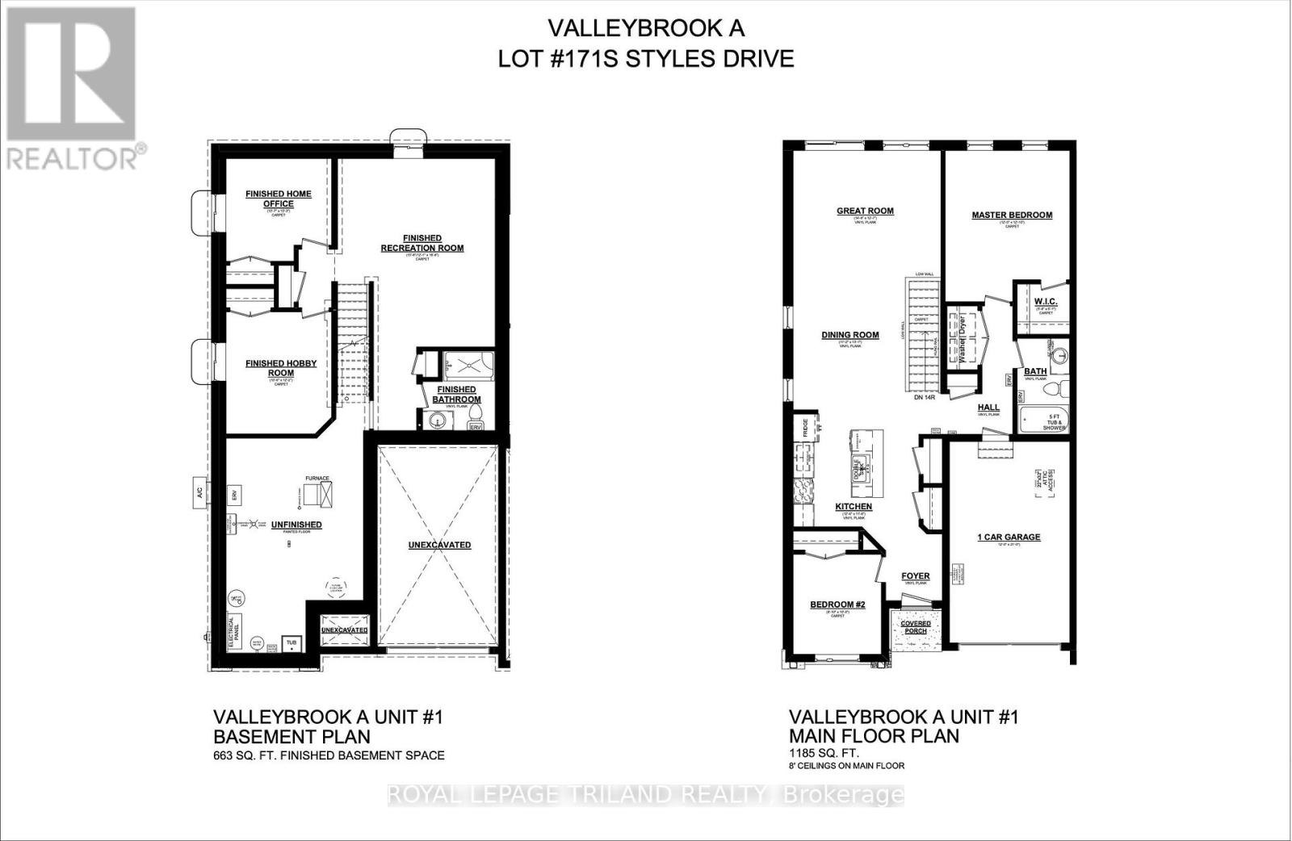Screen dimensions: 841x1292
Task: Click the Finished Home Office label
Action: coord(278,199)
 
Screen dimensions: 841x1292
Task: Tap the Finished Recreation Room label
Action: coord(422,243)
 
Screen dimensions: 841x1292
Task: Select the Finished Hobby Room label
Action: coord(280,368)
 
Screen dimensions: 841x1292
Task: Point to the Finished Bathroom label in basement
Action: coord(456,395)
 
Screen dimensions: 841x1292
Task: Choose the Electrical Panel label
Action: coord(233,630)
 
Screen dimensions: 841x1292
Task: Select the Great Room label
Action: coord(865,211)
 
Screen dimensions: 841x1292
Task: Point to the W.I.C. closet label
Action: coord(1045,302)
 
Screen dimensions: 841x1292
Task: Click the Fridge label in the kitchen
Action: coord(805,425)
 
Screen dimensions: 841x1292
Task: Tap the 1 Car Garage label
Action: coord(1009,537)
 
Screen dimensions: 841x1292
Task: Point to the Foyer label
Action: coord(916,576)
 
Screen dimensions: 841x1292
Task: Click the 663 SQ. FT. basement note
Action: coord(329,755)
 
